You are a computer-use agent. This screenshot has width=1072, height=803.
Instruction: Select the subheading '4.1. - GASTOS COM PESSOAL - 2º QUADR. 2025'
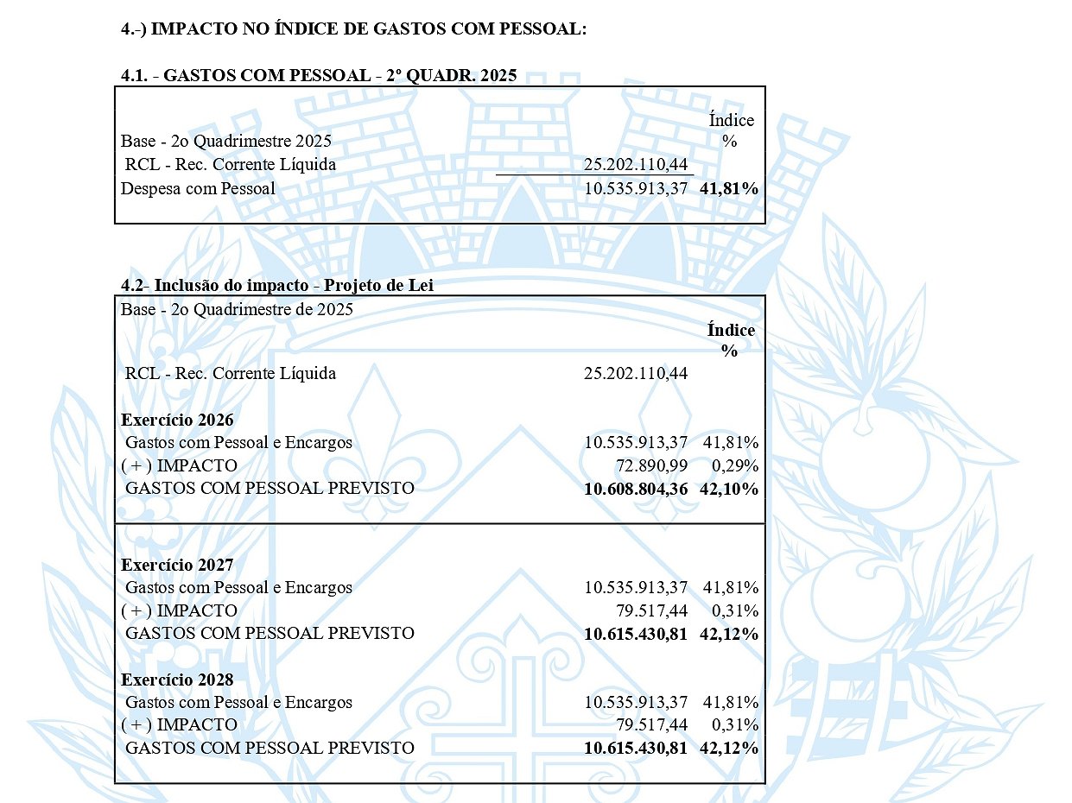[x=319, y=75]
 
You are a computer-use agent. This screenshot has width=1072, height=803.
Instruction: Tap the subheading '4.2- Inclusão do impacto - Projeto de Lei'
[x=276, y=286]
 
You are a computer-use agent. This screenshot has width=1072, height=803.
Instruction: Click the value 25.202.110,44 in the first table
[x=636, y=164]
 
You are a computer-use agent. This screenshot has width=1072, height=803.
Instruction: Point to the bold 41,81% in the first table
[x=730, y=188]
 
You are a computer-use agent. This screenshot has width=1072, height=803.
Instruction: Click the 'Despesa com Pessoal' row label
[x=198, y=188]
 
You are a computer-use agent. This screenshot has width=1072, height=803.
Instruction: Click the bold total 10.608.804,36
[x=636, y=489]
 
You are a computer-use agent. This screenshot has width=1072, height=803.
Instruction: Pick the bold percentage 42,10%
[x=730, y=489]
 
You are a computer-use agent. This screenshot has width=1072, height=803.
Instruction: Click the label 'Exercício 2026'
[x=177, y=420]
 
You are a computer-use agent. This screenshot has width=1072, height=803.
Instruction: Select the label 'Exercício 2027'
[x=177, y=566]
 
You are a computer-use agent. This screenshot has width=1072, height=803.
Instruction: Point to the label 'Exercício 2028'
[x=177, y=680]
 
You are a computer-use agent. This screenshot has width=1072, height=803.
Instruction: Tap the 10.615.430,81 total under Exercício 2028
[x=636, y=748]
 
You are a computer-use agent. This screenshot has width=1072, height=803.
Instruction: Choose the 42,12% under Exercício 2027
[x=730, y=634]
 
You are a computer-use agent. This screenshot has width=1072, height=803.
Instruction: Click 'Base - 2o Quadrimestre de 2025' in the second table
[x=238, y=309]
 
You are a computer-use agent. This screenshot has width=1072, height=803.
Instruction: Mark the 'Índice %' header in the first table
[x=731, y=130]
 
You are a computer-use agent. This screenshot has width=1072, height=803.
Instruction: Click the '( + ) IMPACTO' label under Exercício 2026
[x=180, y=465]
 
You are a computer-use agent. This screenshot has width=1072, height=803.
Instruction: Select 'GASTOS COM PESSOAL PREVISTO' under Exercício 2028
[x=270, y=748]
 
